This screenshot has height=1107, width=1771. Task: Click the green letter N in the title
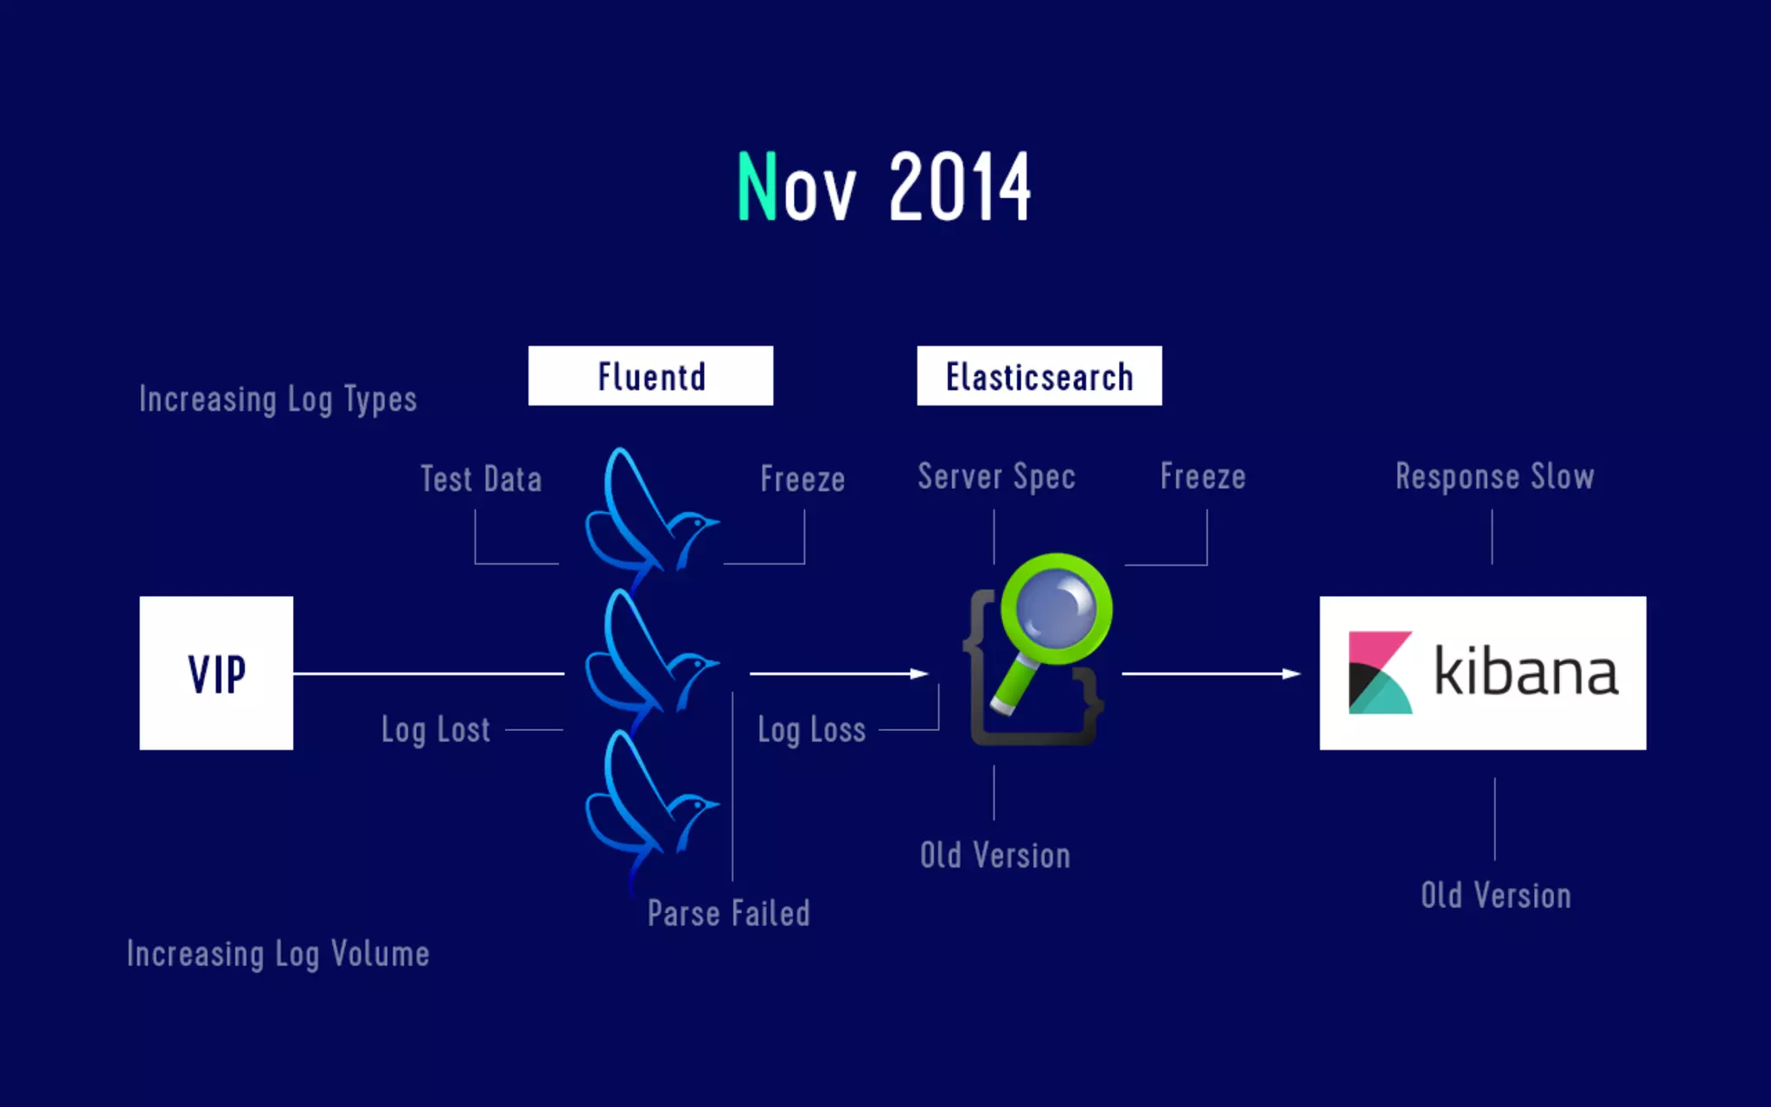click(x=757, y=186)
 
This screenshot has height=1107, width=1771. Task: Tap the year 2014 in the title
click(x=959, y=187)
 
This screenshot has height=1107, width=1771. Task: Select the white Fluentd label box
click(x=650, y=376)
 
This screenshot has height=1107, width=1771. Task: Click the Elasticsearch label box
click(x=1039, y=376)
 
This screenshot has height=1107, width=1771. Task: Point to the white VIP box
click(x=216, y=673)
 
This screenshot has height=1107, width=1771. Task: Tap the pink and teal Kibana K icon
click(x=1379, y=672)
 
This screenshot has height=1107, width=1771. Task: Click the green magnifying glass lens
click(x=1056, y=608)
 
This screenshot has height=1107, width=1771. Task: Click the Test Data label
click(x=481, y=479)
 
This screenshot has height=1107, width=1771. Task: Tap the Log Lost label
click(x=436, y=730)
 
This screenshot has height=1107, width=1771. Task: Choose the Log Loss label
click(x=811, y=730)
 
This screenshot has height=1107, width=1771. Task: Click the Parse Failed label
click(x=728, y=913)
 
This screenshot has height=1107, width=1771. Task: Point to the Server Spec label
click(x=996, y=477)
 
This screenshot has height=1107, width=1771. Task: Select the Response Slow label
click(x=1494, y=477)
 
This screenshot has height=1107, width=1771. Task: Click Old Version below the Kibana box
click(x=1495, y=895)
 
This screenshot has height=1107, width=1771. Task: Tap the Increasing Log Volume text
click(x=278, y=954)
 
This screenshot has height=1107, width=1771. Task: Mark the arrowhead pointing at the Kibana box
click(x=1291, y=673)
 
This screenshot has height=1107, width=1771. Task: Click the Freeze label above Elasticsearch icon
click(x=1202, y=477)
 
